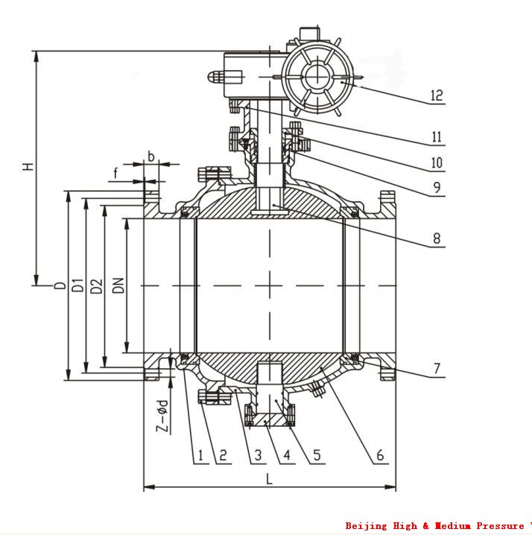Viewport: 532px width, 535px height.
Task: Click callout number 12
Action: point(436,95)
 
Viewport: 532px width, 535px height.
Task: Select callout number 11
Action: point(436,136)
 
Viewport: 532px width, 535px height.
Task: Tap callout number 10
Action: point(436,162)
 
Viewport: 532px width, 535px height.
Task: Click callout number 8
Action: point(436,239)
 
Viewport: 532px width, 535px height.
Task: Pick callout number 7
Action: point(437,368)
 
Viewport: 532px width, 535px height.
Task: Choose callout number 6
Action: point(379,455)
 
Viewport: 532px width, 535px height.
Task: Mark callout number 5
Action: point(317,455)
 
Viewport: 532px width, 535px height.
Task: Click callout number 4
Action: point(285,455)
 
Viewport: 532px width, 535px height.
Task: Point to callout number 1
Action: point(200,455)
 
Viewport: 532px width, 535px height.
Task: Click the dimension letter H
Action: point(28,166)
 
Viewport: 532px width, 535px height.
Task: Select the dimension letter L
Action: point(269,479)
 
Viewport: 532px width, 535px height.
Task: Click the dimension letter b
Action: point(151,156)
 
